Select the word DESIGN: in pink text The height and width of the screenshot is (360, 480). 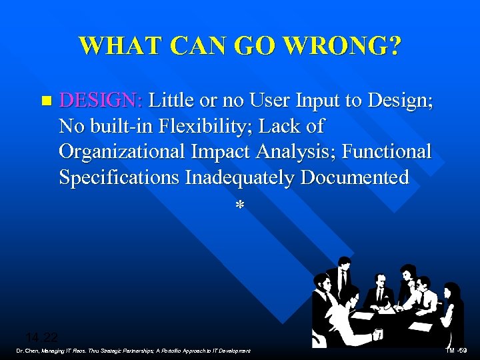pos(101,101)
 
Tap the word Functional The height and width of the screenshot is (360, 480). pos(387,151)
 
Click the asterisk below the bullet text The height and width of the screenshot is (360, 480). pos(239,205)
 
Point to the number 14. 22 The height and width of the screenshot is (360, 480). pos(42,337)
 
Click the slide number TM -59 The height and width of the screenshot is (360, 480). pos(457,351)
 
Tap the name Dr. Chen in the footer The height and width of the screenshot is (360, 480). pos(29,351)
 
